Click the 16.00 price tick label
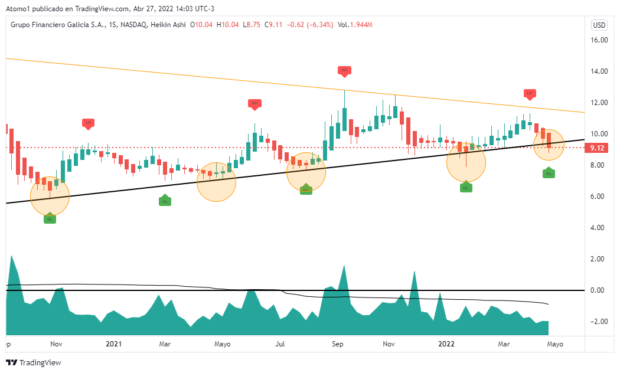coord(599,40)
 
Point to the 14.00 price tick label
coord(599,71)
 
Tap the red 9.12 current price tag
coord(597,148)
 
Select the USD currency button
coord(599,25)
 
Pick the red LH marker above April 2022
coord(530,93)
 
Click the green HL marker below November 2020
coord(50,219)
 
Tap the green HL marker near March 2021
coord(165,201)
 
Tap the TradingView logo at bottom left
coord(34,362)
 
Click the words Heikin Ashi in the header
coord(168,25)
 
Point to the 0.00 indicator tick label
coord(599,290)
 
